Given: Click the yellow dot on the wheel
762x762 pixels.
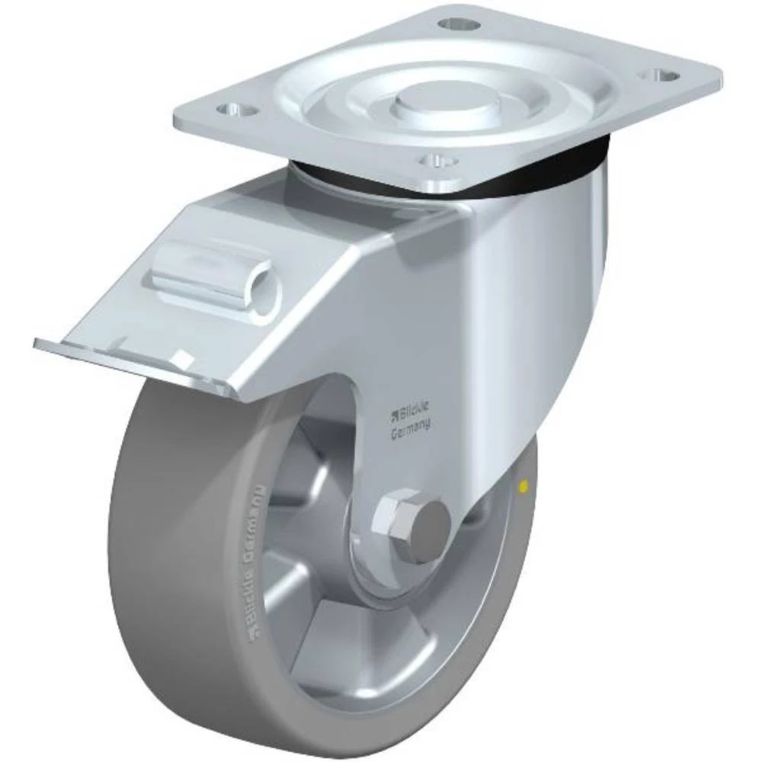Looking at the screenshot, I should [x=523, y=485].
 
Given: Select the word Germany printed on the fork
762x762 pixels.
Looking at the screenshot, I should [x=410, y=429].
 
